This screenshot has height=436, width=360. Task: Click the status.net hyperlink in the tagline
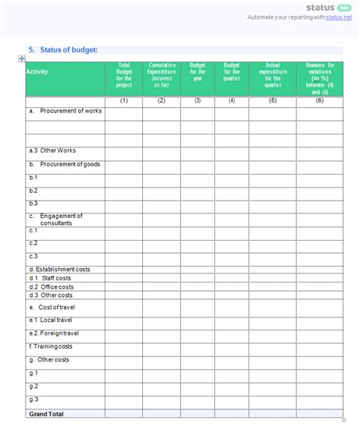click(339, 17)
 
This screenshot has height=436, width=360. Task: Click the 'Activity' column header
click(37, 72)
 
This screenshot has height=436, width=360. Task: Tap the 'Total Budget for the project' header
click(124, 74)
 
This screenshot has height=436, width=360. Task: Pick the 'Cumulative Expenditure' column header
click(162, 74)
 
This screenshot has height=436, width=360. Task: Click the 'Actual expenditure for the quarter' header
click(273, 74)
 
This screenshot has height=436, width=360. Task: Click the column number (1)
click(124, 101)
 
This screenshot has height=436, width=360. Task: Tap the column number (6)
click(320, 101)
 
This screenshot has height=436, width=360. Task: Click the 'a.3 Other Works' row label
click(52, 150)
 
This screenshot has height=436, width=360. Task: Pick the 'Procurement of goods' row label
click(69, 164)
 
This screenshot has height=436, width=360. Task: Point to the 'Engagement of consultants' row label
click(61, 219)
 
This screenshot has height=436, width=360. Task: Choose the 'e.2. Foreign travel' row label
click(55, 333)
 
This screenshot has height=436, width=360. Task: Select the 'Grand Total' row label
click(46, 414)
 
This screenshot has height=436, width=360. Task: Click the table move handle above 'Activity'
click(22, 59)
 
